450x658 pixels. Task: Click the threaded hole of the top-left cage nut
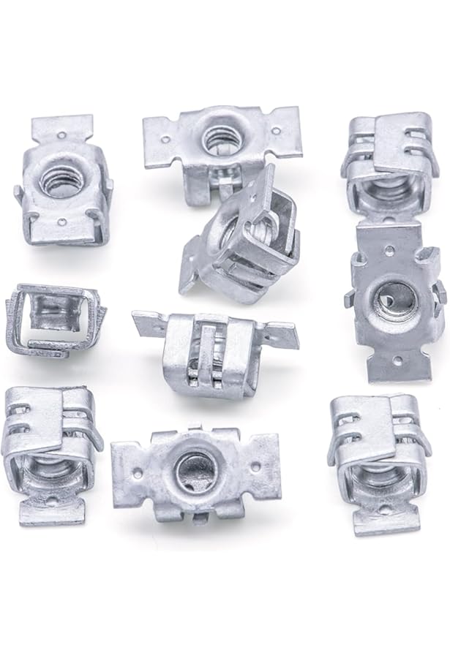[x=59, y=179]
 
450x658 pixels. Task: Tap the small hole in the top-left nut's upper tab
[x=61, y=135]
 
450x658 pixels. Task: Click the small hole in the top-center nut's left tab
[x=165, y=139]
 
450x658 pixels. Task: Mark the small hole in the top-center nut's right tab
[x=276, y=132]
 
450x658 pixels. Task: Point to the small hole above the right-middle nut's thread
[x=389, y=250]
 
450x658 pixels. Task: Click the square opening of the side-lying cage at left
[x=51, y=316]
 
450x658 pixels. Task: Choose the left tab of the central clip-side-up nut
[x=148, y=322]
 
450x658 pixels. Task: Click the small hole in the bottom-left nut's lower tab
[x=50, y=502]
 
